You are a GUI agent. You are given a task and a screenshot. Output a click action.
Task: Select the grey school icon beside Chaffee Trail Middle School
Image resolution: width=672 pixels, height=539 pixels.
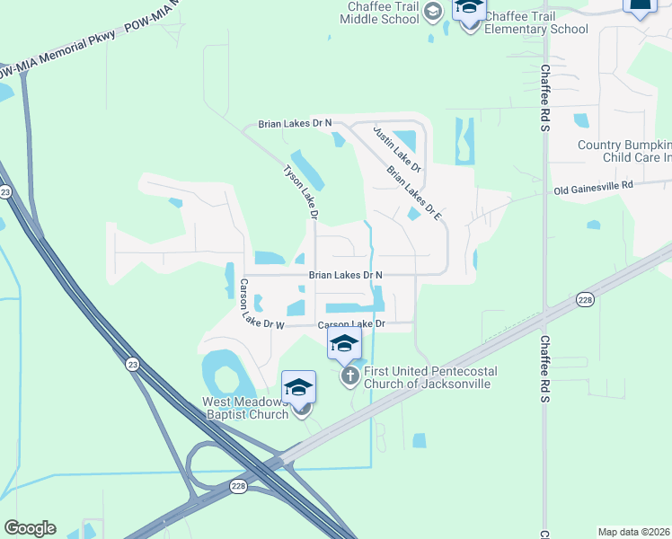(x=433, y=11)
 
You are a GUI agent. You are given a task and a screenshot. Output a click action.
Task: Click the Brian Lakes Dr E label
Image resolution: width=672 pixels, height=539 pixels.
(x=415, y=192)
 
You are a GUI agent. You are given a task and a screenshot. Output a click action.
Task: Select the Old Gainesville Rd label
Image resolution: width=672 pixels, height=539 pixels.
(x=594, y=188)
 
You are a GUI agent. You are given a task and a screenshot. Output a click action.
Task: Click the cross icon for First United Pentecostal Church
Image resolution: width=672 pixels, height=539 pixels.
(x=349, y=377)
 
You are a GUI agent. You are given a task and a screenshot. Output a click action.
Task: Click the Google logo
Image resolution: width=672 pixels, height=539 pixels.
(x=30, y=528)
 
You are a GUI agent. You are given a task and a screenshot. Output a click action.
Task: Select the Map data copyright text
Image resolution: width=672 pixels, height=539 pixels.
(x=634, y=531)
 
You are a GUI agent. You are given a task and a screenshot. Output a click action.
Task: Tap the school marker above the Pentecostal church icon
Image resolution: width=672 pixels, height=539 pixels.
(x=343, y=344)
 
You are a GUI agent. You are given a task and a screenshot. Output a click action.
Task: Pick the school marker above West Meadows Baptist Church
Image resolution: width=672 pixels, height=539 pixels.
(x=298, y=388)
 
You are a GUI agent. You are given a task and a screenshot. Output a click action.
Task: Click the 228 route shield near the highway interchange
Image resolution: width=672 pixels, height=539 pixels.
(x=237, y=486)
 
